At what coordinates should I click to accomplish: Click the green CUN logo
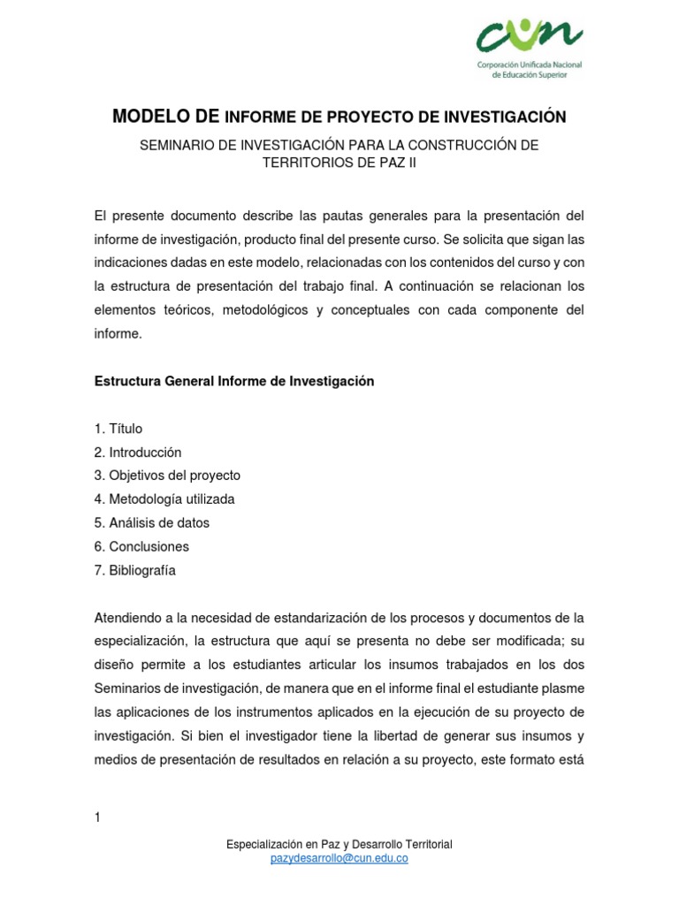pyautogui.click(x=528, y=36)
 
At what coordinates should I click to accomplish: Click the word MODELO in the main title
pyautogui.click(x=152, y=117)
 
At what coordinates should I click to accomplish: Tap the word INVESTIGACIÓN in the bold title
pyautogui.click(x=506, y=117)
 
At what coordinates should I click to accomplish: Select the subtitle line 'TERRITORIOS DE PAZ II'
pyautogui.click(x=339, y=163)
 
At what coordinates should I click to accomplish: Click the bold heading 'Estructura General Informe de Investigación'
pyautogui.click(x=234, y=381)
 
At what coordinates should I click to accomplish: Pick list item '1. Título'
pyautogui.click(x=118, y=429)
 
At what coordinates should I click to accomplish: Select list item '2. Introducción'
pyautogui.click(x=137, y=452)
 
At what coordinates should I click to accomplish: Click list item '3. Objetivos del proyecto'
pyautogui.click(x=167, y=475)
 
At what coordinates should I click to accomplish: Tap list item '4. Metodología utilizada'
pyautogui.click(x=164, y=499)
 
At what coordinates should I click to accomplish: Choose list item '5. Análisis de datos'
pyautogui.click(x=151, y=522)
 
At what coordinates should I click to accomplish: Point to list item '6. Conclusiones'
pyautogui.click(x=141, y=546)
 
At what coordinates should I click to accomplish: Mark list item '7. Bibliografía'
pyautogui.click(x=134, y=570)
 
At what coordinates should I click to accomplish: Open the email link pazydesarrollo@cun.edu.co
pyautogui.click(x=339, y=857)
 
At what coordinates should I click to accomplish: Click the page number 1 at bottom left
pyautogui.click(x=97, y=818)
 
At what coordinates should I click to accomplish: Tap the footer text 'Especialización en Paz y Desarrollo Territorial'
pyautogui.click(x=339, y=844)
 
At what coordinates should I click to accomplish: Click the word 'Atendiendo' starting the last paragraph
pyautogui.click(x=126, y=616)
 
